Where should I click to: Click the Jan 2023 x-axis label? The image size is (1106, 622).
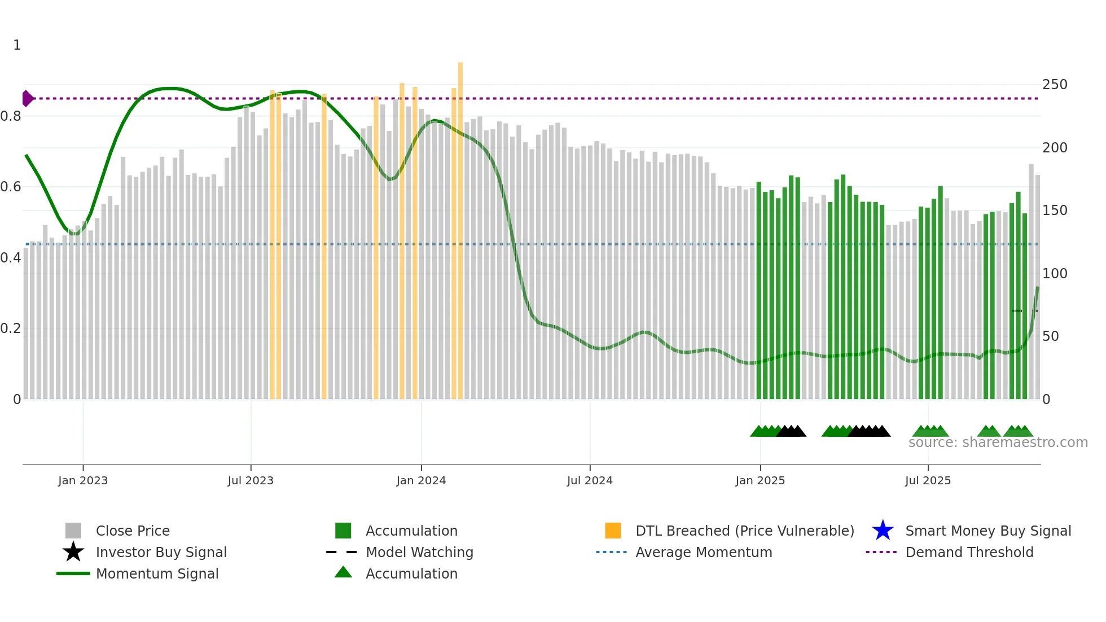(82, 480)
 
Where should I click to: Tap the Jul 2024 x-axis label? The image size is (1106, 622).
(590, 480)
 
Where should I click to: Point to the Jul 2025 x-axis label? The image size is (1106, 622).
(928, 480)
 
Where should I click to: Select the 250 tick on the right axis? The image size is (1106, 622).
(1055, 85)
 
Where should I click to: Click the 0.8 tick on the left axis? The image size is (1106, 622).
(11, 116)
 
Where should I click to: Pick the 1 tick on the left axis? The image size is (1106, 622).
(17, 45)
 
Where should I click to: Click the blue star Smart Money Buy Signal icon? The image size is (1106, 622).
(883, 531)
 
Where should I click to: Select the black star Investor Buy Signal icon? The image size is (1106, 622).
(73, 552)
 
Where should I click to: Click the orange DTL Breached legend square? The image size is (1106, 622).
(613, 531)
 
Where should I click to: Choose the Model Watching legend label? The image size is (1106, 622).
(419, 552)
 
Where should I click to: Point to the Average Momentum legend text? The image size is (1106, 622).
(704, 552)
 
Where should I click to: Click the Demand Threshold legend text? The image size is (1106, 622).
(969, 552)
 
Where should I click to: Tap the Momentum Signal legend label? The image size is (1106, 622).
(157, 573)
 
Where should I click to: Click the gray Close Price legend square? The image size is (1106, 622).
(73, 531)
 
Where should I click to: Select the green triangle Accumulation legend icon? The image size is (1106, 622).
(343, 572)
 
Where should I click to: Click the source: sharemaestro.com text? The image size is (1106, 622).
(998, 443)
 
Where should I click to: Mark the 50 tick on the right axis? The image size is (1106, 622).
(1050, 336)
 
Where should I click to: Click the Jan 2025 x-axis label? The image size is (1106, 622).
(760, 480)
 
